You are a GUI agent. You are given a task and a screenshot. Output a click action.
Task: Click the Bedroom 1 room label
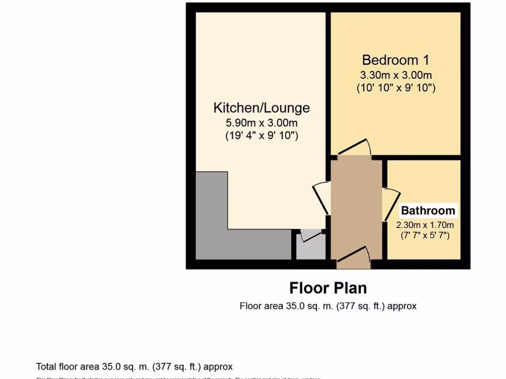tap(395, 60)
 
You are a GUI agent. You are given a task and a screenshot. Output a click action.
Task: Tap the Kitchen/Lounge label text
tap(261, 108)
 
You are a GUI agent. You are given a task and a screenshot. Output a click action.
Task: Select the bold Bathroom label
tap(428, 211)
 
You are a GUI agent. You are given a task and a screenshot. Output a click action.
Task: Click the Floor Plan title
tap(328, 287)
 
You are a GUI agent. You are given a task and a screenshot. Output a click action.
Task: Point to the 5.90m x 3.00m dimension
tap(261, 122)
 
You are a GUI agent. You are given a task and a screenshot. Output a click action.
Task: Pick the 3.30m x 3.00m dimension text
tap(395, 76)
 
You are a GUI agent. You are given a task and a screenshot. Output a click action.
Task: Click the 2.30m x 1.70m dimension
tap(425, 225)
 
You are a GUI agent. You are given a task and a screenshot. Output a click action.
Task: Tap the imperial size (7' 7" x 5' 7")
tap(425, 235)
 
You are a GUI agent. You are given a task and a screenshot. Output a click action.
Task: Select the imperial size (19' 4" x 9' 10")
tap(261, 135)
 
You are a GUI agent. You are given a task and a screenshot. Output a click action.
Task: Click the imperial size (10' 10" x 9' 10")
tap(395, 88)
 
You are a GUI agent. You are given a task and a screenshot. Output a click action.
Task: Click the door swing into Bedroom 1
tap(355, 148)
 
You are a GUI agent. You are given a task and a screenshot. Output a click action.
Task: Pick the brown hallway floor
tap(356, 207)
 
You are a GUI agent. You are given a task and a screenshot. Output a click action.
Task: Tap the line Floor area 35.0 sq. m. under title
tap(328, 306)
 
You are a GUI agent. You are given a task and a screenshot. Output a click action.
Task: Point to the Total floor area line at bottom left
tap(134, 367)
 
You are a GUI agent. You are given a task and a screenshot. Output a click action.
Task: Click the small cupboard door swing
tap(309, 235)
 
